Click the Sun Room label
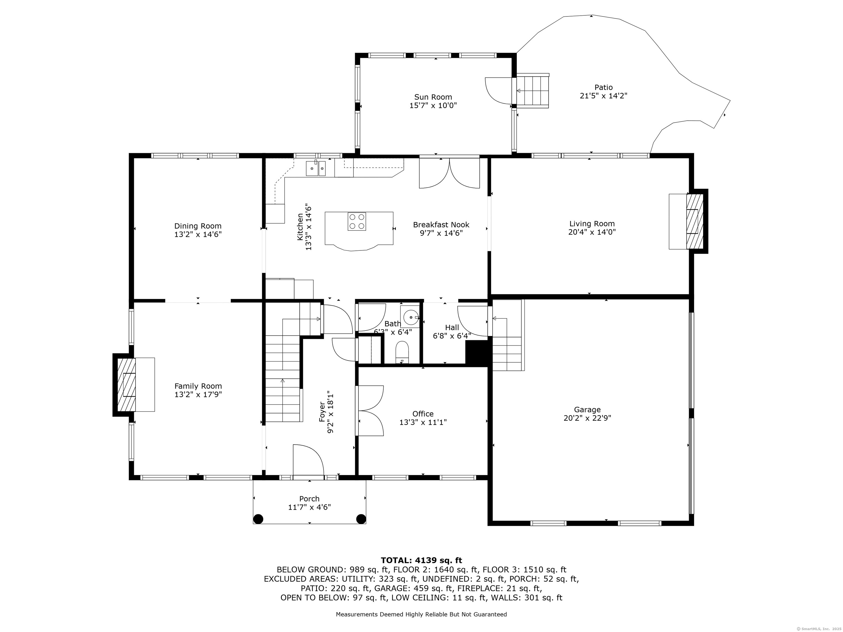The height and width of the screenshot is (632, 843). (433, 97)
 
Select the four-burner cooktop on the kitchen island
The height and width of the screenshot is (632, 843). (356, 221)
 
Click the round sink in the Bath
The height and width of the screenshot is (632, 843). (411, 317)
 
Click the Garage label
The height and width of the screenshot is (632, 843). (587, 410)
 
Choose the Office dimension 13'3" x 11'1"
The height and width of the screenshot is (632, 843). (423, 422)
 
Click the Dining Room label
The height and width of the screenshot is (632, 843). (198, 226)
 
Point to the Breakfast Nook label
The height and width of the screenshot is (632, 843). (441, 225)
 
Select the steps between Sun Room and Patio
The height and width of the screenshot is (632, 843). (532, 91)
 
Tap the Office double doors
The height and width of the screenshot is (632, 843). (370, 410)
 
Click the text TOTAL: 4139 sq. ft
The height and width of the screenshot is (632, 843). (421, 560)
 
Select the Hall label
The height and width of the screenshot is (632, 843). (452, 327)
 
